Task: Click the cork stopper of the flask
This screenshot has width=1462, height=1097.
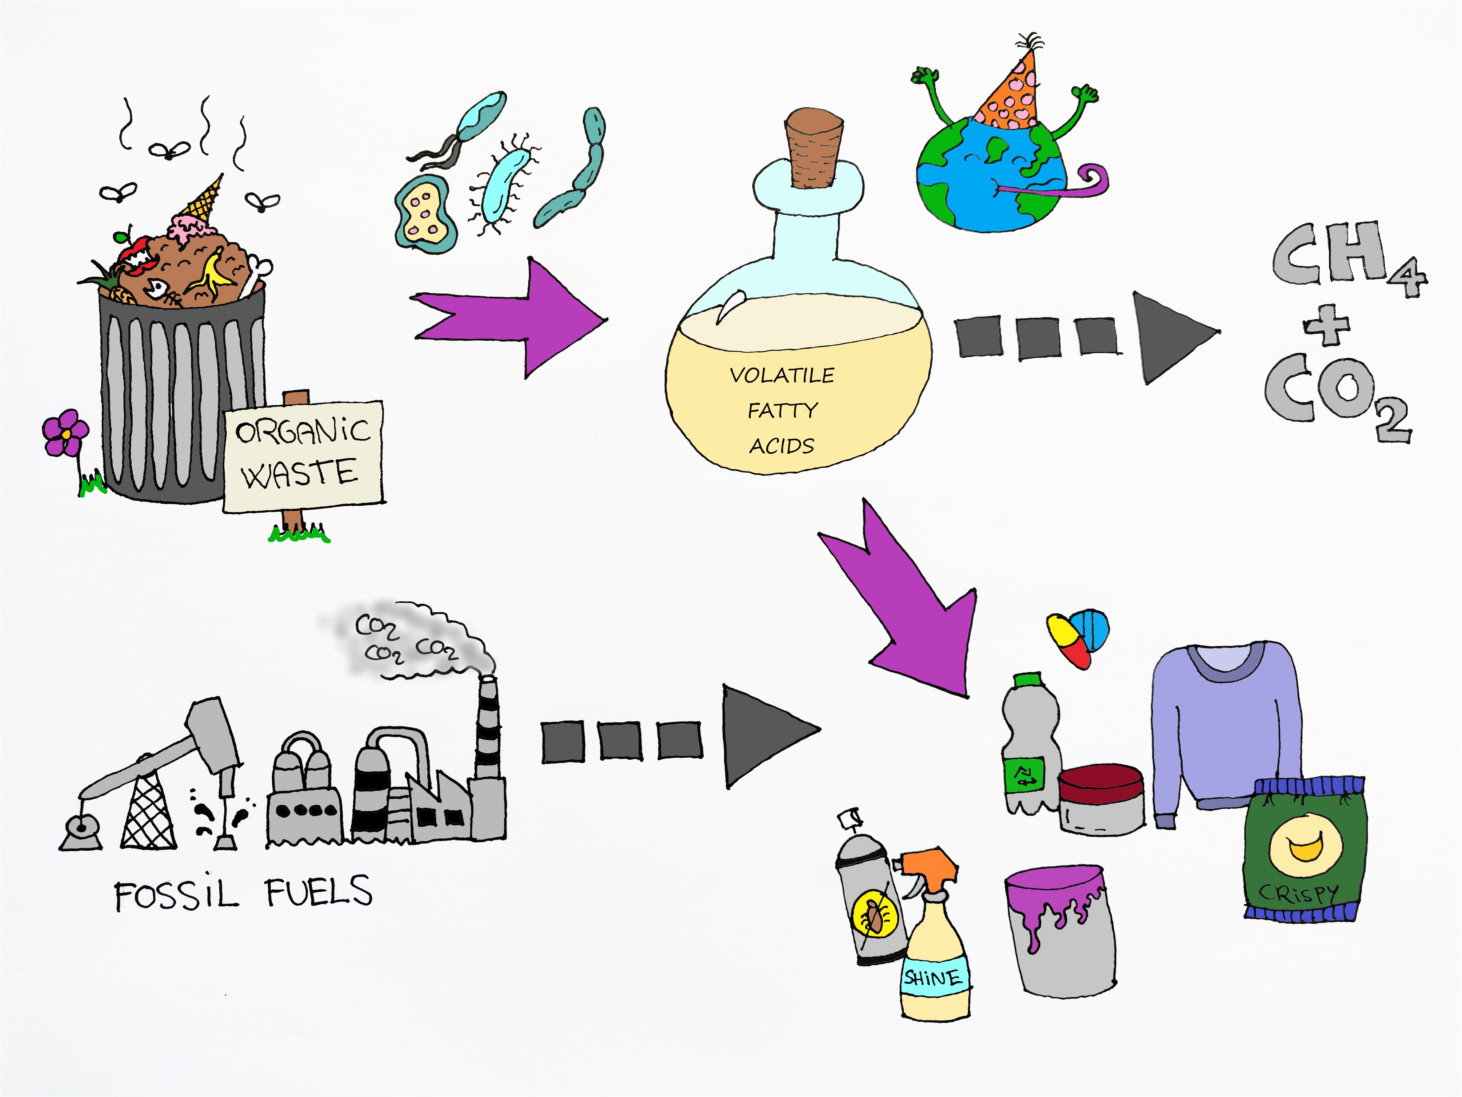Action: (x=814, y=149)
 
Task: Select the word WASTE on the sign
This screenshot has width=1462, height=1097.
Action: (x=300, y=474)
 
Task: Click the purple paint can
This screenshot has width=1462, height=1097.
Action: (x=1061, y=929)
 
